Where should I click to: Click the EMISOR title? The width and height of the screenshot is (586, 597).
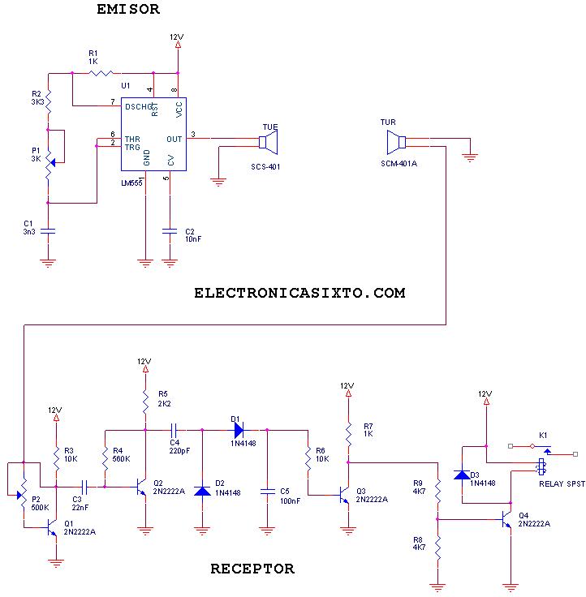(128, 10)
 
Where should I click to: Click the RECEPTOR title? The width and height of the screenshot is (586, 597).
(252, 569)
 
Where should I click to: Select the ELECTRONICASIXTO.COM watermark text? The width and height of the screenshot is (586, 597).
(299, 293)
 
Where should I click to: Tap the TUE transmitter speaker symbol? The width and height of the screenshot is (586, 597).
(268, 144)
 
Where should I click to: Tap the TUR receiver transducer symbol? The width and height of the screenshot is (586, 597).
(396, 144)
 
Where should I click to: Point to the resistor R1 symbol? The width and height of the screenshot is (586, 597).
(101, 73)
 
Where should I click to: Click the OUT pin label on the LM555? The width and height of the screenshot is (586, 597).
(175, 139)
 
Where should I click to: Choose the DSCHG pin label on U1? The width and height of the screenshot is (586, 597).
(137, 105)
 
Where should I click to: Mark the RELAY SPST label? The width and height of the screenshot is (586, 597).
(562, 483)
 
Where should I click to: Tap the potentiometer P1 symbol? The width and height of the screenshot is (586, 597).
(49, 162)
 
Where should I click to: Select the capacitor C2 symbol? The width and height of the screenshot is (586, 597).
(170, 231)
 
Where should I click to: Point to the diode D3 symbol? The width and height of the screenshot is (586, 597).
(462, 474)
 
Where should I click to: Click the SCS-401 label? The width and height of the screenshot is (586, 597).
(265, 166)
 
